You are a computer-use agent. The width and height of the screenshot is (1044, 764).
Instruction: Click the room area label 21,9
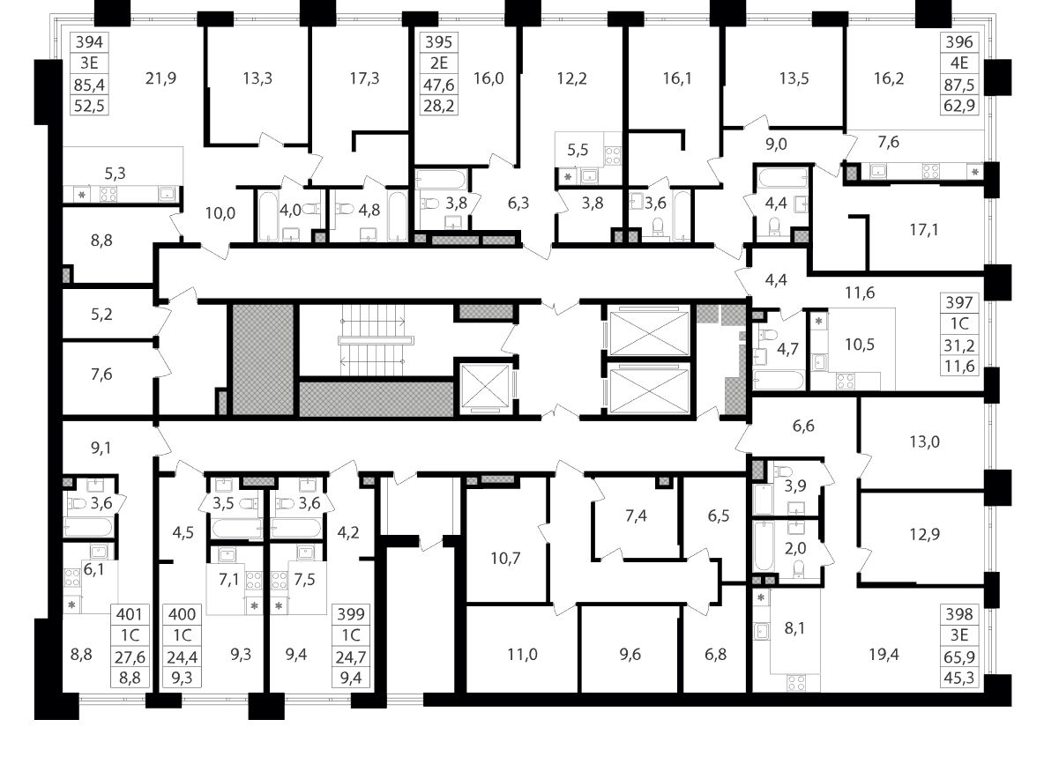pyautogui.click(x=160, y=78)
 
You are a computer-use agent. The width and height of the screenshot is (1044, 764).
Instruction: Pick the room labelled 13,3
pyautogui.click(x=257, y=78)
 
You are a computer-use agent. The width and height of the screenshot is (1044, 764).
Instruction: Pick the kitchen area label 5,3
pyautogui.click(x=115, y=173)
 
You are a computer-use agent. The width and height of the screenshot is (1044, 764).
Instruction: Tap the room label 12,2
pyautogui.click(x=571, y=78)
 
